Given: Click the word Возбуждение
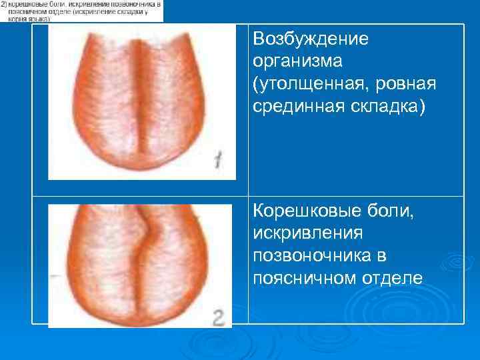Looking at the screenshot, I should click(x=311, y=39).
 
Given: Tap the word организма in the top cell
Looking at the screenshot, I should click(x=297, y=61).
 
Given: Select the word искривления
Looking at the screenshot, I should click(x=303, y=234).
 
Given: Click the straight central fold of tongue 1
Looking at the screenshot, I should click(x=142, y=93).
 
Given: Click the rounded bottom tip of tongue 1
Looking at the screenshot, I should click(x=142, y=170).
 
